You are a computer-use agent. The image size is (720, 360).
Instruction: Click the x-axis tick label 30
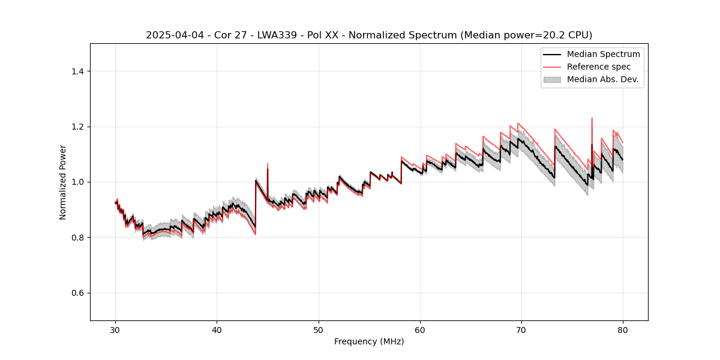[116, 330]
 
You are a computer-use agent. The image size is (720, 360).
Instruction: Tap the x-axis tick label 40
[217, 330]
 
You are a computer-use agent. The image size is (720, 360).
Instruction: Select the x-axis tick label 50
[319, 330]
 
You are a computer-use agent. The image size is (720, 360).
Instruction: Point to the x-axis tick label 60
[420, 330]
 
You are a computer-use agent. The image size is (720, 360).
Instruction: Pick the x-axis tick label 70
[521, 330]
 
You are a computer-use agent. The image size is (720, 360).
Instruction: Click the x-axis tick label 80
[623, 330]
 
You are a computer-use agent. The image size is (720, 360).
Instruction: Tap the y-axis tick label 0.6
[77, 293]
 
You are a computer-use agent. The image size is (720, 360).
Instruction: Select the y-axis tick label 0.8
[77, 238]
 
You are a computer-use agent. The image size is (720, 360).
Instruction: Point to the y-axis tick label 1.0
[77, 182]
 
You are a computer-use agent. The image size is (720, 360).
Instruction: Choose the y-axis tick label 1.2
[77, 127]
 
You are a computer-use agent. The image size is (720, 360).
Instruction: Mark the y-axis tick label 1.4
[77, 71]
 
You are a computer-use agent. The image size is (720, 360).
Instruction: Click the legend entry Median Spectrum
[603, 54]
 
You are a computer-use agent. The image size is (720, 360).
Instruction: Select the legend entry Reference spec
[598, 67]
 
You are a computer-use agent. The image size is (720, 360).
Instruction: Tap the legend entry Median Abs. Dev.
[602, 79]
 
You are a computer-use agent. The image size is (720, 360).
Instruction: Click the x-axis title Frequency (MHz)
[369, 341]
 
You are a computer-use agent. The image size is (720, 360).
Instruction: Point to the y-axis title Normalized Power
[62, 182]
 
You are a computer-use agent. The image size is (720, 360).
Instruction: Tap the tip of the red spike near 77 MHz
[592, 118]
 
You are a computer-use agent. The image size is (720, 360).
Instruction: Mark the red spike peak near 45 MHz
[268, 163]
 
